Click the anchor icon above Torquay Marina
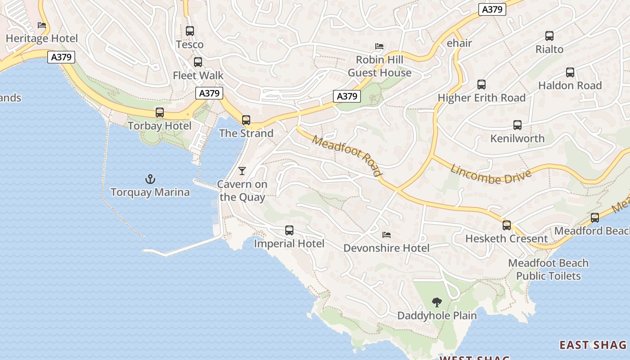point(150,180)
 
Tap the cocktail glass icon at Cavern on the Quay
point(242,171)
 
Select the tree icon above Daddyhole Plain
point(436,302)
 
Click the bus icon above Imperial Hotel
point(289,230)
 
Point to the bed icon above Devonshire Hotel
point(386,234)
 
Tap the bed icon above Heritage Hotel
point(42,25)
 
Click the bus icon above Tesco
point(190,31)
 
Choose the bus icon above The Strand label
point(246,120)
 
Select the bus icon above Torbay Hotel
point(160,112)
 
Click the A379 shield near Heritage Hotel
point(61,57)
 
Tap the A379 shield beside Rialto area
point(492,9)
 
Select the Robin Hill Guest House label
point(379,66)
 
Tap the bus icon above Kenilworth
point(517,125)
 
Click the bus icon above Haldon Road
point(570,72)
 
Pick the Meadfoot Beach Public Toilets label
point(548,269)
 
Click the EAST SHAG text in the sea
point(593,345)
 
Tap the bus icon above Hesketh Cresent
point(507,225)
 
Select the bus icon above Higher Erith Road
point(481,85)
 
